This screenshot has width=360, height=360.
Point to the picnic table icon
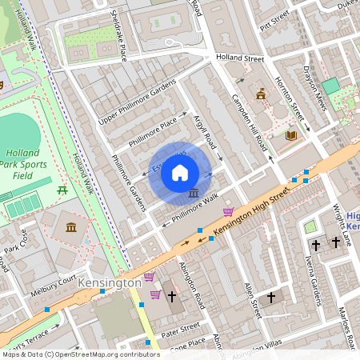pyautogui.click(x=62, y=190)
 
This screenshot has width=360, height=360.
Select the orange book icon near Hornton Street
pyautogui.click(x=291, y=135)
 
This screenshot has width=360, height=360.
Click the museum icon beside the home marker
pyautogui.click(x=194, y=194)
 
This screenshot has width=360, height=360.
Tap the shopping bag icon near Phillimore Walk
pyautogui.click(x=229, y=212)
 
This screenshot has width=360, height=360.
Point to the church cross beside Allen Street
pyautogui.click(x=271, y=297)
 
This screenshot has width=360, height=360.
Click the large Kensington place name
pyautogui.click(x=110, y=284)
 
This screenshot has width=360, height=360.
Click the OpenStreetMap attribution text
pyautogui.click(x=80, y=354)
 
